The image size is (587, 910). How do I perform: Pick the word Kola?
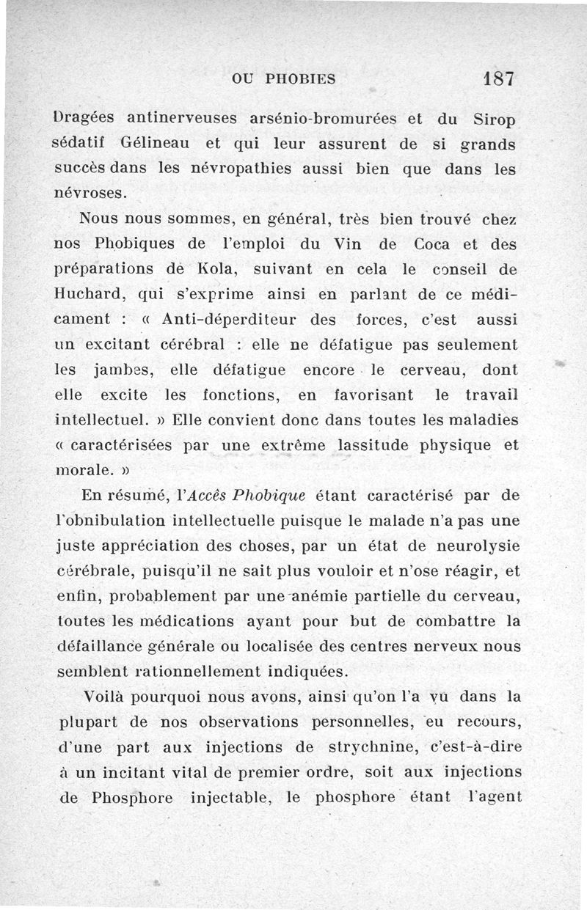208,269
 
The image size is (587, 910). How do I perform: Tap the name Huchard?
91,295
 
